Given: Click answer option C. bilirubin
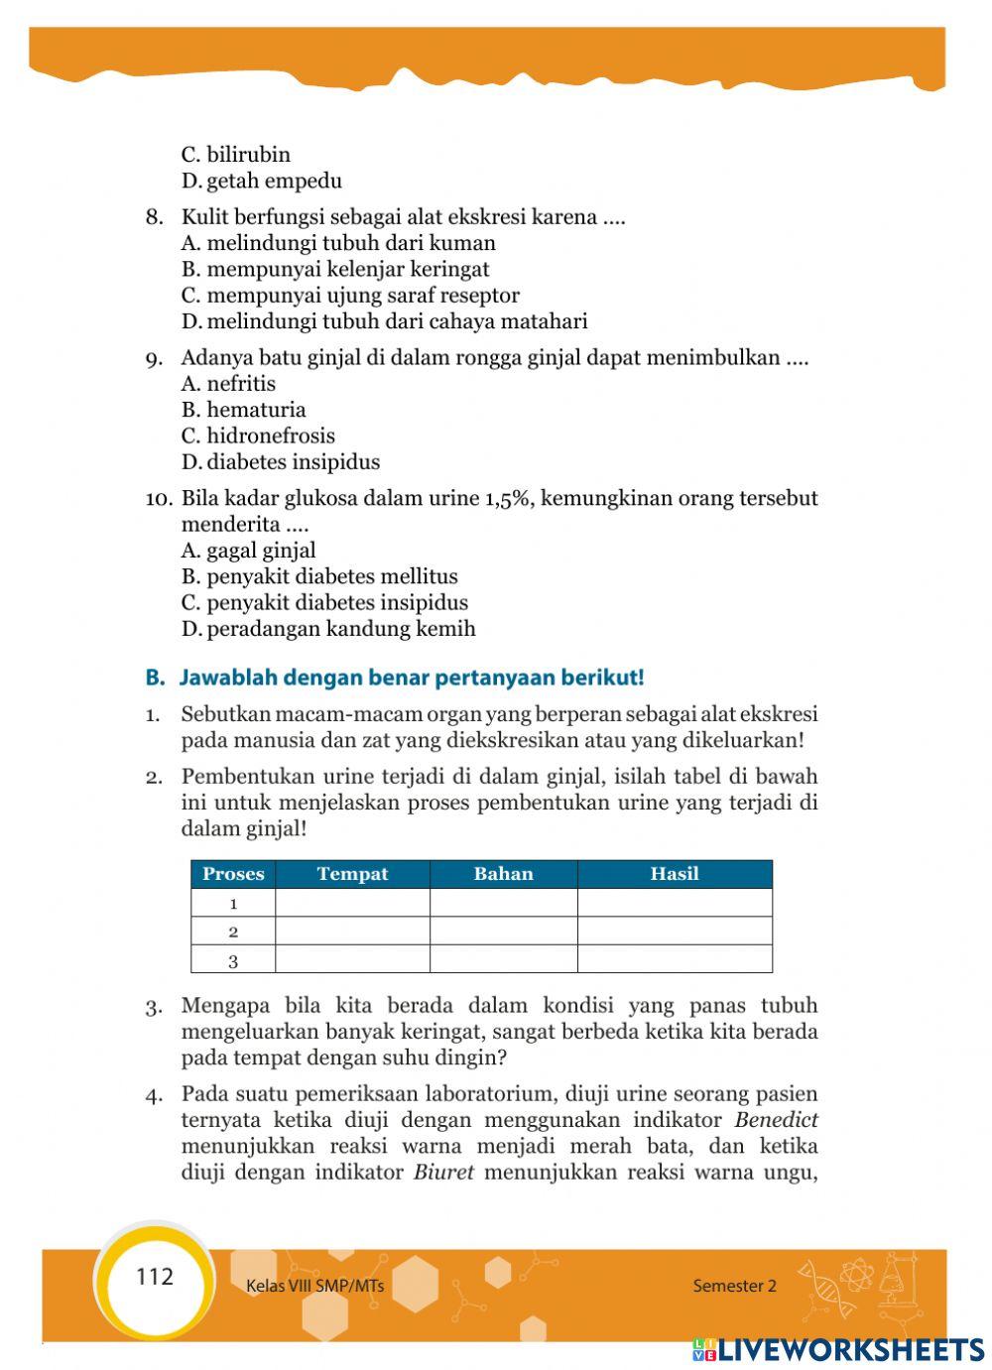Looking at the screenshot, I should [236, 155].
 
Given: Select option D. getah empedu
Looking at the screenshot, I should [262, 181].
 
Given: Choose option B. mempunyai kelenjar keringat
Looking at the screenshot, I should [335, 269].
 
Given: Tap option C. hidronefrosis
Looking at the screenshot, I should [258, 436].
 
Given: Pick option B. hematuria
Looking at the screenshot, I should [244, 410].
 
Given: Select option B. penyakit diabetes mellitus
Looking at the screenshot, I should [319, 576].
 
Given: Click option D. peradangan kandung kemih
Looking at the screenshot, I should [328, 629].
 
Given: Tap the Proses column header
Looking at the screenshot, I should [233, 874].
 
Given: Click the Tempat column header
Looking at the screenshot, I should [352, 874].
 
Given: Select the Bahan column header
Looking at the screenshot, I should [503, 874].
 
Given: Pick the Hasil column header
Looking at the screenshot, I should [675, 874].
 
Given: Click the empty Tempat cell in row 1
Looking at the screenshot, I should [352, 903].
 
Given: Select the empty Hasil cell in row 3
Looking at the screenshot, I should [675, 960].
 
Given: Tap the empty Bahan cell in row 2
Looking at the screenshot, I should [503, 932].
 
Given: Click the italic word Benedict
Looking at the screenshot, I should [777, 1120].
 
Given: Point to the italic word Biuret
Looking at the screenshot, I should [443, 1173].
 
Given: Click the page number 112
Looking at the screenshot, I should [155, 1277].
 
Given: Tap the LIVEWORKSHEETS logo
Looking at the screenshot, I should [838, 1349].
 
